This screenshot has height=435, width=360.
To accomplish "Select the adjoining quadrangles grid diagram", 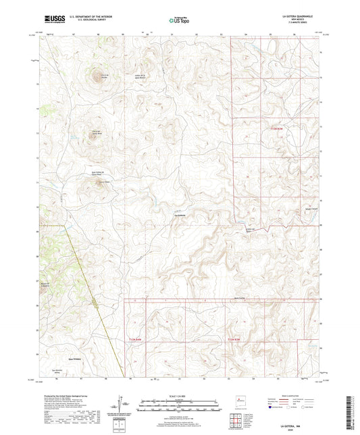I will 240,420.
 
